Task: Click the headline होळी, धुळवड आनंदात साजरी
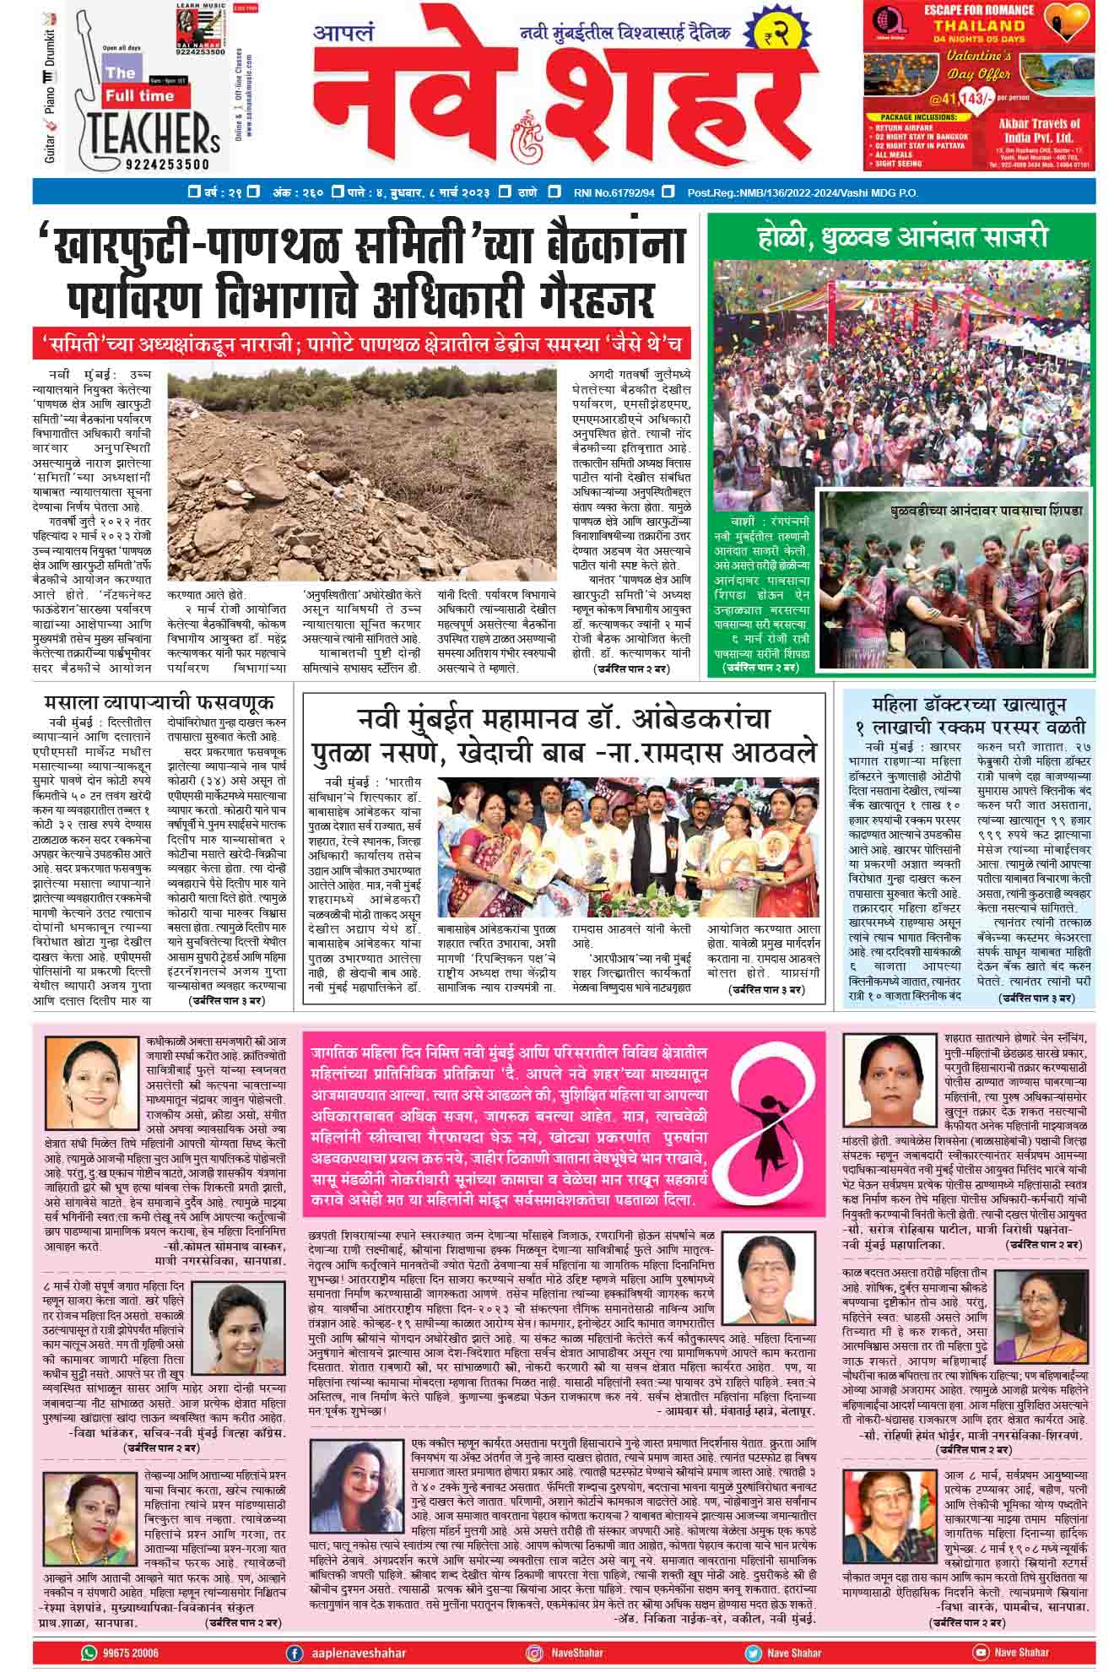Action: tap(901, 237)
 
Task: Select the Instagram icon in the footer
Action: tap(534, 1652)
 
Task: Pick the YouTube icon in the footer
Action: tap(980, 1652)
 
